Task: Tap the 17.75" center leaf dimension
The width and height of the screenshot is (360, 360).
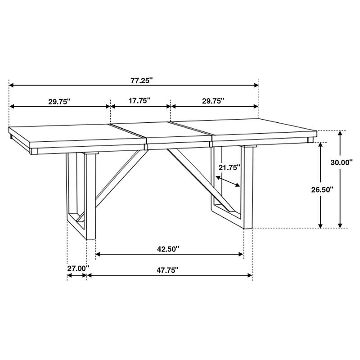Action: click(x=139, y=101)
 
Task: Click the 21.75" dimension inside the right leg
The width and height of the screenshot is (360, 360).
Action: click(x=229, y=167)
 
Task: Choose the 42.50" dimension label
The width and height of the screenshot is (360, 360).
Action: click(x=169, y=248)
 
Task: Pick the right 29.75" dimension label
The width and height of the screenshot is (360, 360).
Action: click(x=213, y=102)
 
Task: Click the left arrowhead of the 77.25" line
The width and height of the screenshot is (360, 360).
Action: click(x=12, y=85)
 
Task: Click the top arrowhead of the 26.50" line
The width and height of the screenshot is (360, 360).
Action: click(x=320, y=145)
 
